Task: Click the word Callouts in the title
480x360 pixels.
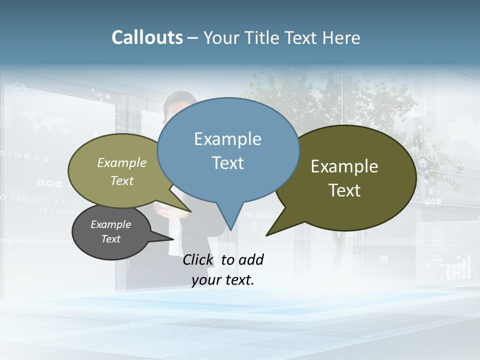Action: pyautogui.click(x=147, y=37)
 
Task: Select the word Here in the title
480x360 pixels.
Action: pyautogui.click(x=341, y=37)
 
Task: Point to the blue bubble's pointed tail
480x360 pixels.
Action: pyautogui.click(x=230, y=220)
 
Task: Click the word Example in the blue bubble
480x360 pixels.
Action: pyautogui.click(x=228, y=139)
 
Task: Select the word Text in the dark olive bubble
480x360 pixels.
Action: pyautogui.click(x=344, y=190)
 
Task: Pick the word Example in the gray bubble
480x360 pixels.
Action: pyautogui.click(x=110, y=224)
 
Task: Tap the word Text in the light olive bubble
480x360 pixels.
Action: pyautogui.click(x=121, y=180)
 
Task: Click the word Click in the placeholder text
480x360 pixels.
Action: pyautogui.click(x=198, y=259)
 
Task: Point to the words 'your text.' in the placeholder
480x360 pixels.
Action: pyautogui.click(x=223, y=280)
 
